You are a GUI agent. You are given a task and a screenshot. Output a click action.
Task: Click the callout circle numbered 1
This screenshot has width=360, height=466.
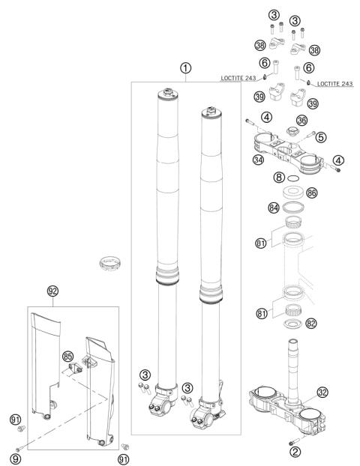pyautogui.click(x=186, y=68)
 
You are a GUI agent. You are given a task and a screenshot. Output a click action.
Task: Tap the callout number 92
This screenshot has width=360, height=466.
pyautogui.click(x=53, y=291)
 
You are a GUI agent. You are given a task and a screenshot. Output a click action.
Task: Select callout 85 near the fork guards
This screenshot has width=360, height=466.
pyautogui.click(x=67, y=356)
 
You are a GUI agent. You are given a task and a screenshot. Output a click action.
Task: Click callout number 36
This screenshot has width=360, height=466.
pyautogui.click(x=301, y=121)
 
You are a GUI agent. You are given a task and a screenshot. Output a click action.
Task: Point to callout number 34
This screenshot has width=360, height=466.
pyautogui.click(x=258, y=160)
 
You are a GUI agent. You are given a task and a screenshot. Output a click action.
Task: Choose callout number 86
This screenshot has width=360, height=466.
pyautogui.click(x=311, y=193)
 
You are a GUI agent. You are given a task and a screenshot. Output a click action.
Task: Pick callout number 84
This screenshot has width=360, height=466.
pyautogui.click(x=274, y=208)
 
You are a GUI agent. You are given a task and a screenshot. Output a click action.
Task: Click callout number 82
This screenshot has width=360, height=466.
pyautogui.click(x=311, y=323)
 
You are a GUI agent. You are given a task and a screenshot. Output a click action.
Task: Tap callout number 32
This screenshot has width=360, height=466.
pyautogui.click(x=322, y=392)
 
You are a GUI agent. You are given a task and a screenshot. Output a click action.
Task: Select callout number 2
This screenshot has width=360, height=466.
pyautogui.click(x=295, y=452)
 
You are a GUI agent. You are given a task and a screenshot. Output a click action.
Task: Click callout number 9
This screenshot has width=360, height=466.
pyautogui.click(x=15, y=459)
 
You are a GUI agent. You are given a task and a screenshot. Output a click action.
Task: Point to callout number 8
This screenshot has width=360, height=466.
pyautogui.click(x=279, y=178)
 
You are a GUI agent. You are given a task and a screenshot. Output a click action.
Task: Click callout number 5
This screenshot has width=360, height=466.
pyautogui.click(x=321, y=137)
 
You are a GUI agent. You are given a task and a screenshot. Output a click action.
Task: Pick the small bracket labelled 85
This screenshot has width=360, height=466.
pyautogui.click(x=75, y=368)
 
